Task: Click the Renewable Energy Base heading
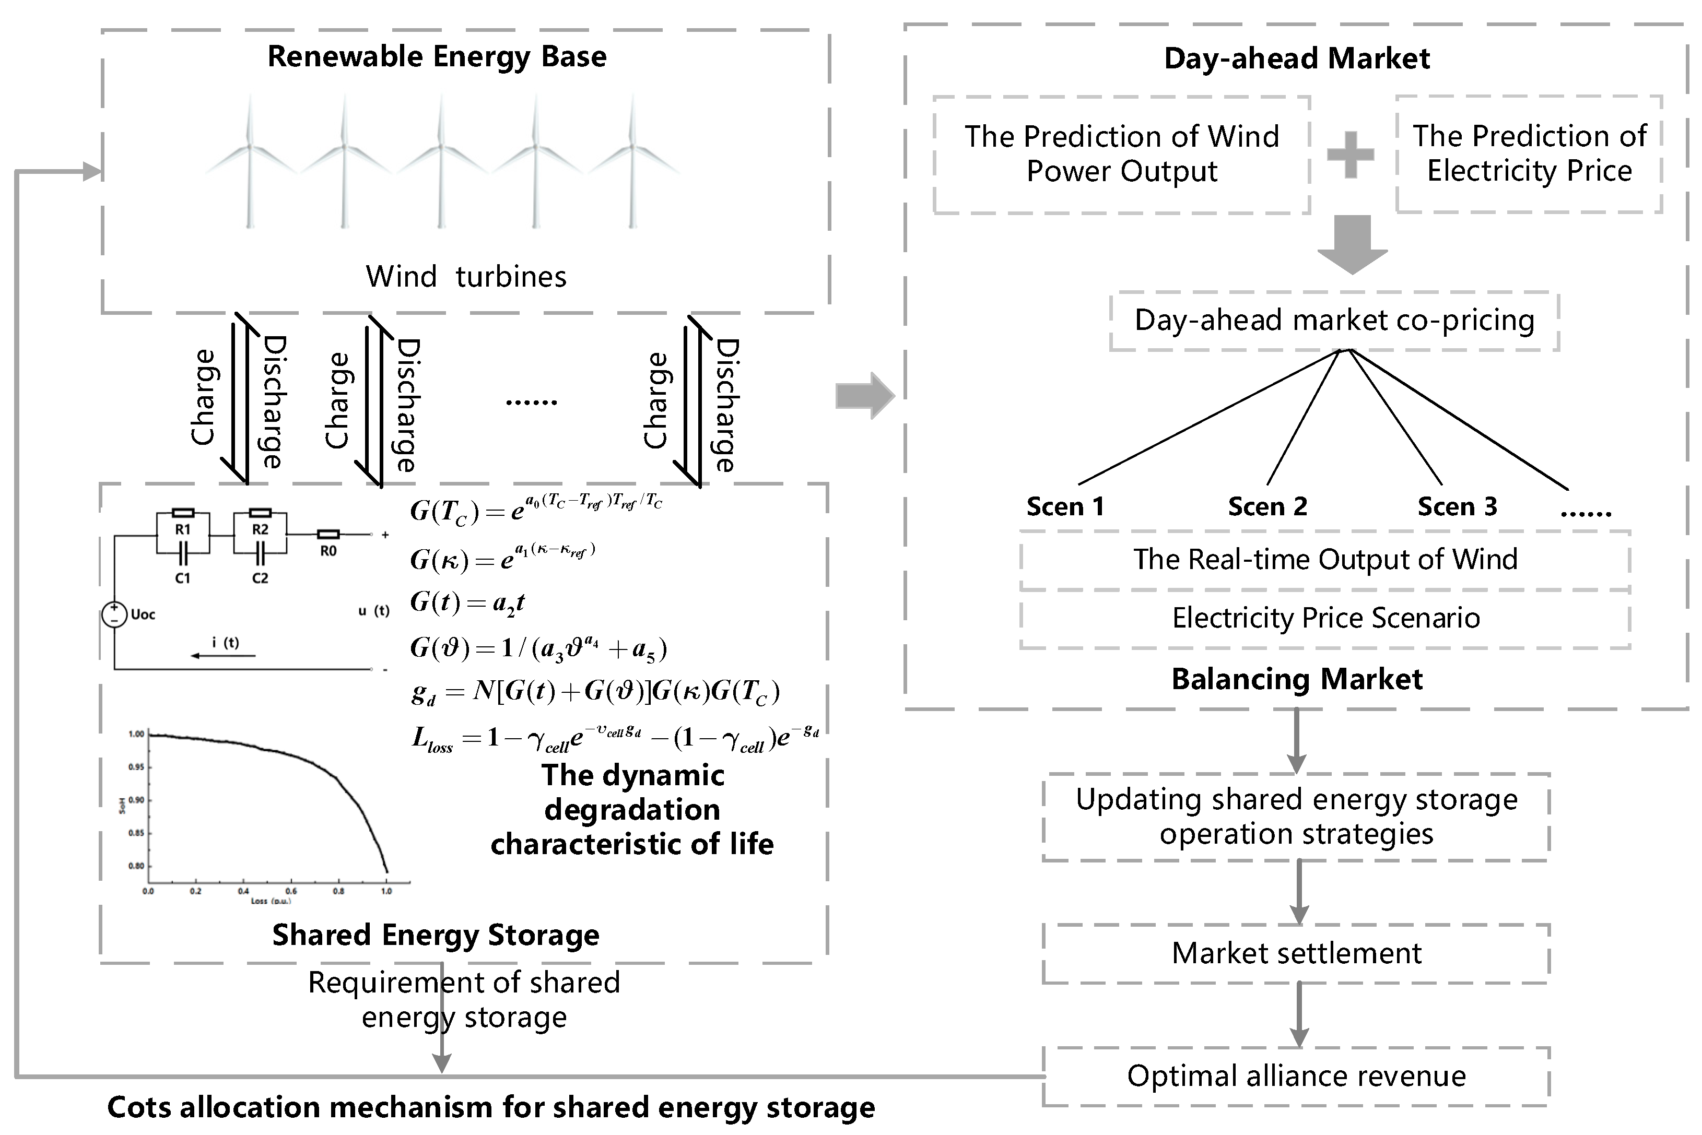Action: (437, 56)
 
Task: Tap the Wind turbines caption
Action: (465, 277)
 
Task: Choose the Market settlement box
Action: (1296, 953)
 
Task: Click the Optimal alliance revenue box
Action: (1296, 1077)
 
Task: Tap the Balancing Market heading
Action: (1297, 679)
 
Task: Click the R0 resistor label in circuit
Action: (328, 551)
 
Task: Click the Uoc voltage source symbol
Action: (114, 614)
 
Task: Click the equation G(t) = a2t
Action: (467, 602)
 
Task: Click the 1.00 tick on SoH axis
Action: (136, 734)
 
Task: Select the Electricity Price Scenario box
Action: (1325, 618)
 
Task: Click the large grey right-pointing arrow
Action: (865, 396)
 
